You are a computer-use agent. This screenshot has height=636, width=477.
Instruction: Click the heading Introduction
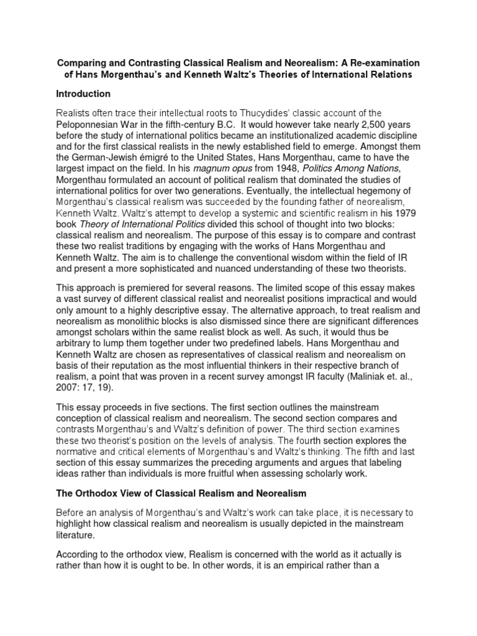[x=83, y=94]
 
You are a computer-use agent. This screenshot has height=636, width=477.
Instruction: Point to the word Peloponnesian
[x=90, y=125]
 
